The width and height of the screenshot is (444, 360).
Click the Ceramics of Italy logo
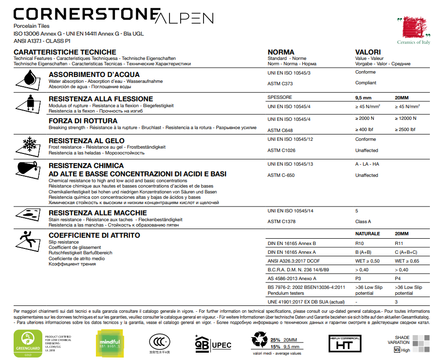413,30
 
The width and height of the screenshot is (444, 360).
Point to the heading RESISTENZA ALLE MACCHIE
97,213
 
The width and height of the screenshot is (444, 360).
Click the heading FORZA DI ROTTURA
83,121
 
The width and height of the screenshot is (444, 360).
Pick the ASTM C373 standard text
280,84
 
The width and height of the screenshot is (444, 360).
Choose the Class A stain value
363,222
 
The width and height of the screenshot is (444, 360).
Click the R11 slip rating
399,243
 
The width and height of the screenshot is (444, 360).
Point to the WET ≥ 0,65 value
407,261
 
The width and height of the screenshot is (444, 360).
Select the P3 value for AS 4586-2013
358,279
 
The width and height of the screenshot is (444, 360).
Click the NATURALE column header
368,234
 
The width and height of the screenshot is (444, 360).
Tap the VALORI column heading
368,52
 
